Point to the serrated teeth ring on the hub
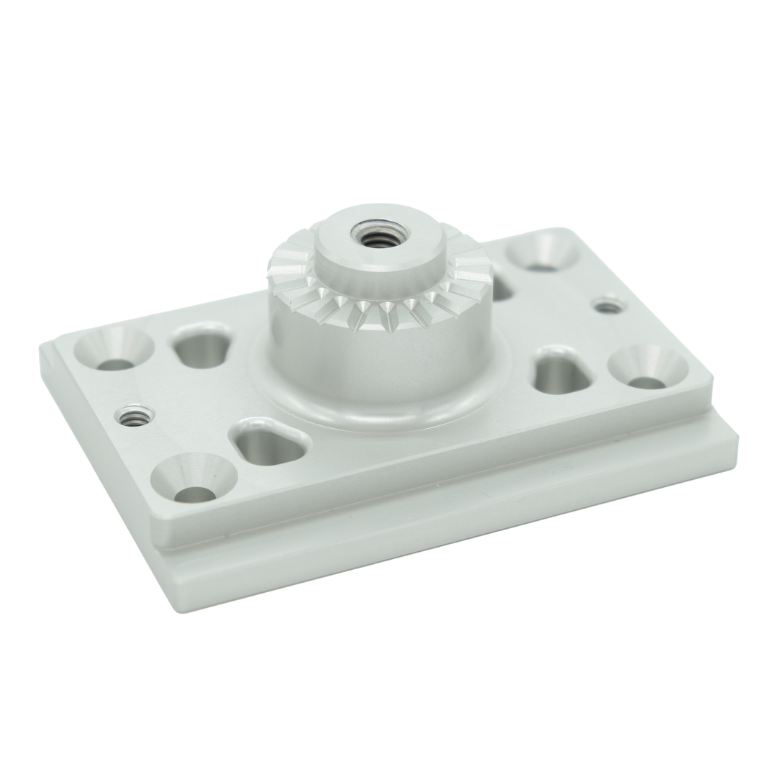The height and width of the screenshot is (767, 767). point(374,302)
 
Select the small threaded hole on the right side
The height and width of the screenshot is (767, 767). point(609,307)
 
